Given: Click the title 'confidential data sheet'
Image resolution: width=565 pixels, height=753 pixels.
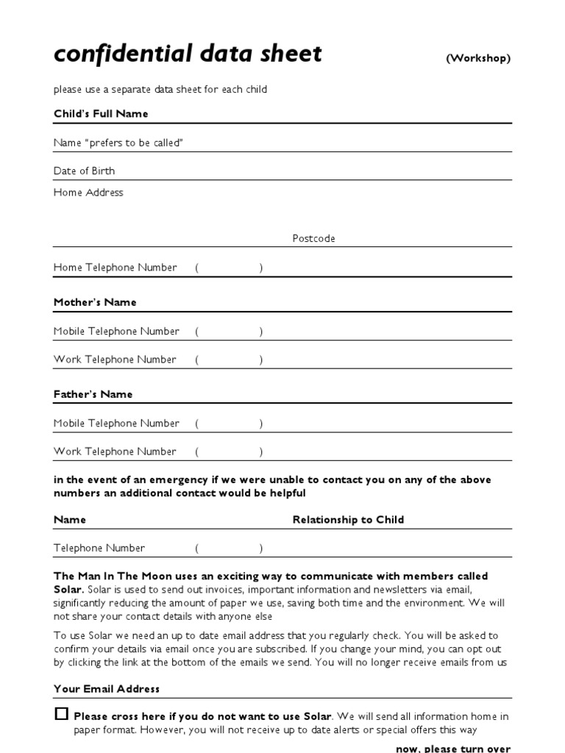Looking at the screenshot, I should tap(188, 54).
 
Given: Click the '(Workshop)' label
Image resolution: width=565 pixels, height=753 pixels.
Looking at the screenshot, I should tap(477, 59).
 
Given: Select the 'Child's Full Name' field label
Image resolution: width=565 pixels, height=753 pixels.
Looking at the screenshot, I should tap(101, 114).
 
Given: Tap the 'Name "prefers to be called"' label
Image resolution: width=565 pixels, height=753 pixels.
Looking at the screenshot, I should tap(118, 143).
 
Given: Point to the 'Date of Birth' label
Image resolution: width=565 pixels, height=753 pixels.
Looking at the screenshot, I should tap(84, 171).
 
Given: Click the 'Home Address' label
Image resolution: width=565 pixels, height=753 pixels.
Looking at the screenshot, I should tap(88, 193).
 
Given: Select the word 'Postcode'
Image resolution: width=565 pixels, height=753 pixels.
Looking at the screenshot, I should tap(313, 239).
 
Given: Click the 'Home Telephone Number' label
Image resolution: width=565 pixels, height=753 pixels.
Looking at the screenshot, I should tap(115, 268).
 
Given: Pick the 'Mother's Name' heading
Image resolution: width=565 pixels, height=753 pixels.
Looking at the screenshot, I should tap(95, 302).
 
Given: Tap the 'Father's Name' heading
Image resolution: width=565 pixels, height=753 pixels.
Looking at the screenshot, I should tap(93, 394).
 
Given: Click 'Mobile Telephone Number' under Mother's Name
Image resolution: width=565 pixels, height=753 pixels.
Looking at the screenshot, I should tap(116, 332).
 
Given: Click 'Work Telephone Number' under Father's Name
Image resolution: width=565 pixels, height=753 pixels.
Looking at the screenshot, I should tap(115, 452).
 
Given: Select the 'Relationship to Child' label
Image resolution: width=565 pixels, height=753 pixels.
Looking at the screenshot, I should tap(348, 520).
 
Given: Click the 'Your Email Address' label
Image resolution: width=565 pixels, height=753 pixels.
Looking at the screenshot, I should tap(107, 689).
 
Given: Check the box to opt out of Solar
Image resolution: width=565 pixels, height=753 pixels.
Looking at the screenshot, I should tap(61, 714).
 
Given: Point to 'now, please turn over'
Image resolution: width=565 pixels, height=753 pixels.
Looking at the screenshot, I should tap(452, 748).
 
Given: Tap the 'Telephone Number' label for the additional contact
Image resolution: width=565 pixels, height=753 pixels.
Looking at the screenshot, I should tap(99, 548).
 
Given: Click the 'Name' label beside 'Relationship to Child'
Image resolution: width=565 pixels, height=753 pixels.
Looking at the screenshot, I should tap(70, 520).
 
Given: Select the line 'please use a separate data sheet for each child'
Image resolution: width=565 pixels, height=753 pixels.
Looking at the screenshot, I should tap(160, 90).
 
